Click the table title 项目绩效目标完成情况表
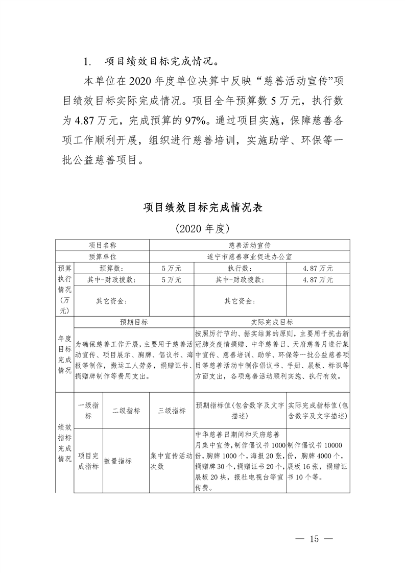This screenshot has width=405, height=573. pos(203,208)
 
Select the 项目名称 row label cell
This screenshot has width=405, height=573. pos(102,245)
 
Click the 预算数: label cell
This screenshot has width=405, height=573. pos(111,268)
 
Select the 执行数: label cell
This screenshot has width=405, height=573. pos(240,268)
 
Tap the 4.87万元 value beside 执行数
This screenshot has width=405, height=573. pos(318,268)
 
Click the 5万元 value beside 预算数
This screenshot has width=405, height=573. pos(171,268)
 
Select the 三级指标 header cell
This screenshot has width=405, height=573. pos(172,411)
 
